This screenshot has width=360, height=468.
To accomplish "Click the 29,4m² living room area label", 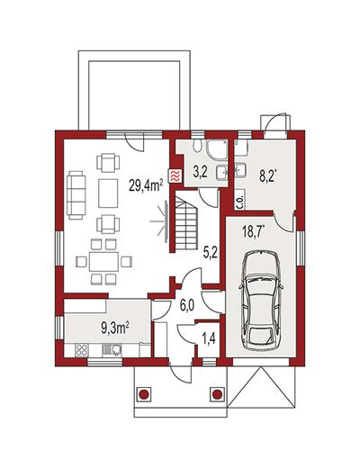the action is [146, 184].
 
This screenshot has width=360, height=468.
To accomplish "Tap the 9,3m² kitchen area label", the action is [115, 328].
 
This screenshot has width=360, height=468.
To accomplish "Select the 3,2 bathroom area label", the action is [200, 173].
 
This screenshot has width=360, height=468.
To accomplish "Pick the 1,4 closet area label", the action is [209, 341].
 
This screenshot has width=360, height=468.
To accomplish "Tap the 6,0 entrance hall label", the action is [187, 306].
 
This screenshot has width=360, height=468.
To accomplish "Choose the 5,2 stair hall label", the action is [210, 253].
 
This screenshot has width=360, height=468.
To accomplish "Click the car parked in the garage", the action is [260, 301].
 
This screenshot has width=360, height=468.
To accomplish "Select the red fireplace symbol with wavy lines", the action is [175, 175].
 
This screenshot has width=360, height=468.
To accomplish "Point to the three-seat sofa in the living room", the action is [76, 194].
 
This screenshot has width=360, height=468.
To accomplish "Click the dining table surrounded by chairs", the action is [104, 262].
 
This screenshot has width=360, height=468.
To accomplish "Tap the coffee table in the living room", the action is [108, 193].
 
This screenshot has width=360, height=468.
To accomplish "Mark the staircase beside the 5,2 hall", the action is [186, 223].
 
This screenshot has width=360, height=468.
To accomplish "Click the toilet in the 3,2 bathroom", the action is [197, 146].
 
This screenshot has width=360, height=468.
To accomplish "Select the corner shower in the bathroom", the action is [217, 148].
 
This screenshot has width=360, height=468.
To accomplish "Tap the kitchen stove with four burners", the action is [81, 350].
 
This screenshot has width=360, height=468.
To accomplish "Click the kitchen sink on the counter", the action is [112, 350].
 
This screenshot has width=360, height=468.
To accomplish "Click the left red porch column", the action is [144, 393].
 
